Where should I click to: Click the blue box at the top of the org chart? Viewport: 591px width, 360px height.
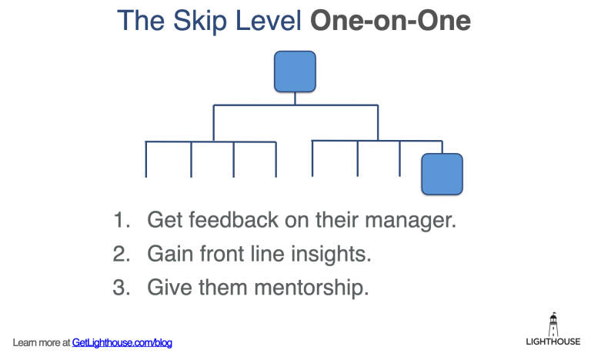click(295, 71)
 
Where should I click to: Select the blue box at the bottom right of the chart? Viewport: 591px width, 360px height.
click(442, 173)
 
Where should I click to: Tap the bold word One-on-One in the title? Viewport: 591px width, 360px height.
click(390, 21)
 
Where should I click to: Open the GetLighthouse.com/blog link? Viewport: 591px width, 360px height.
click(122, 342)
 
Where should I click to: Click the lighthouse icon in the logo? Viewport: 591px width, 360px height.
click(553, 322)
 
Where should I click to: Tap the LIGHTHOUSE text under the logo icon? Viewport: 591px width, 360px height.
click(553, 342)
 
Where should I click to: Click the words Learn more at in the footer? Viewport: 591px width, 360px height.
click(42, 342)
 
